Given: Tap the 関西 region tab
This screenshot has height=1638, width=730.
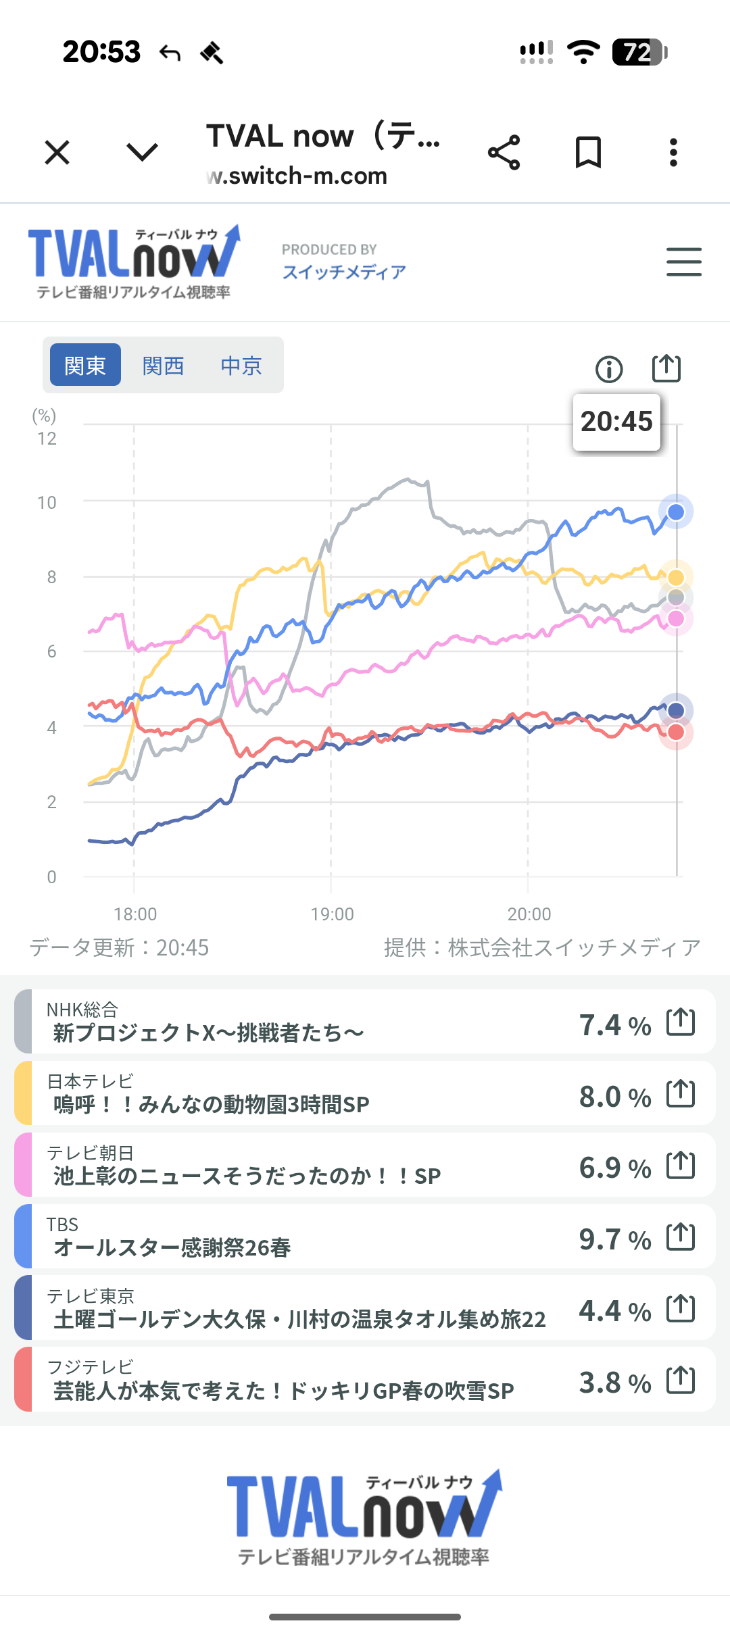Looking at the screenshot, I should click(163, 366).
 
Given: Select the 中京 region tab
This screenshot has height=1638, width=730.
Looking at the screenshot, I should click(241, 366).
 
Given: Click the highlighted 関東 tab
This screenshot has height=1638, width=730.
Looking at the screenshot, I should click(85, 366).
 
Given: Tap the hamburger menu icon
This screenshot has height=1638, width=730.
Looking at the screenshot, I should click(683, 262).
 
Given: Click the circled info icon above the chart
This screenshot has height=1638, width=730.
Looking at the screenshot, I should click(609, 369).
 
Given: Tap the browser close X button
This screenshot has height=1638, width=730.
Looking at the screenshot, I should click(57, 152).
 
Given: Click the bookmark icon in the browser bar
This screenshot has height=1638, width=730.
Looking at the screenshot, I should click(588, 152).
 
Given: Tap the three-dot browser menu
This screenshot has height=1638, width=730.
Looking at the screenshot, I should click(673, 152).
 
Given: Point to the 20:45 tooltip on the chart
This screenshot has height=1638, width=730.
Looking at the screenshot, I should click(616, 422).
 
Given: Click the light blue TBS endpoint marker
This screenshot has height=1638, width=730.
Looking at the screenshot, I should click(676, 512).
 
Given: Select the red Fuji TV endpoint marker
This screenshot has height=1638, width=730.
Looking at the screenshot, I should click(676, 733).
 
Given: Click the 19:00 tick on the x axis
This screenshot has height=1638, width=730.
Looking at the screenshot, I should click(332, 914).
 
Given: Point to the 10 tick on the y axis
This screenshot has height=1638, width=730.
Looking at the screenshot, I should click(47, 503).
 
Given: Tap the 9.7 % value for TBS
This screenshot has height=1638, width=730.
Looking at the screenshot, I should click(614, 1239).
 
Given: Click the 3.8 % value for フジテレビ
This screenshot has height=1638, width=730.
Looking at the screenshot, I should click(614, 1383).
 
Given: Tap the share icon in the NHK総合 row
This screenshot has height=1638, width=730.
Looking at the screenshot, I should click(681, 1022).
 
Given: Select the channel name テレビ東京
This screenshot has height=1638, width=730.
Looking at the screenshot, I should click(91, 1296).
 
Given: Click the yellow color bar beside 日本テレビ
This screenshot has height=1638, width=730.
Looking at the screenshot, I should click(23, 1093).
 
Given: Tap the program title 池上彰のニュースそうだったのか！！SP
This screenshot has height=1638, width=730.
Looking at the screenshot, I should click(247, 1176).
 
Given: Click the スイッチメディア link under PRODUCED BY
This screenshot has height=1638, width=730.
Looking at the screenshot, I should click(344, 272).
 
